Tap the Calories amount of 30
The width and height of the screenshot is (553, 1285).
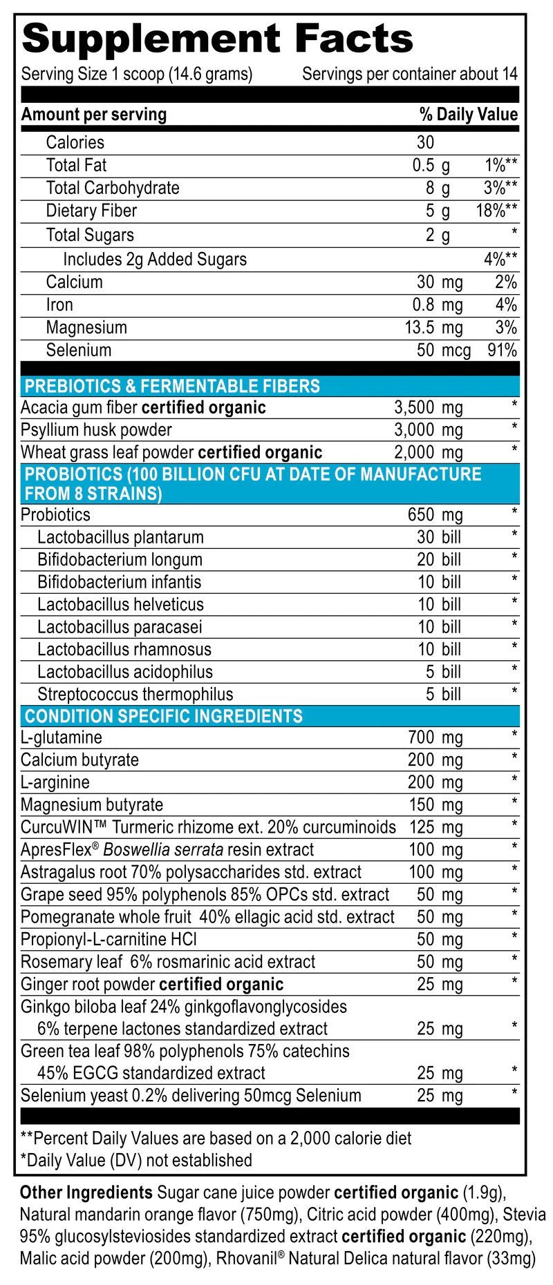coord(425,142)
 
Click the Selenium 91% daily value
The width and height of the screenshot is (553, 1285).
coord(503,350)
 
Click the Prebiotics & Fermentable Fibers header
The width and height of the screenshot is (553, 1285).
coord(172,386)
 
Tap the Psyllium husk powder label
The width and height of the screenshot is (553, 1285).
coord(96,430)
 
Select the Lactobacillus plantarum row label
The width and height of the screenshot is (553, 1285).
coord(120,537)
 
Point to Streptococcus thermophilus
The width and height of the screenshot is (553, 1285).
coord(135,695)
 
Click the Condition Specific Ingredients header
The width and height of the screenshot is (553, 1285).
coord(164,716)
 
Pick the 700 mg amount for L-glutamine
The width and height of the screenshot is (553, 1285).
coord(435,737)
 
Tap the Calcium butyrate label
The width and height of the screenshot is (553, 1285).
coord(79,760)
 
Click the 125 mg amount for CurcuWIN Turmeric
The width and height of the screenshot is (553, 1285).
coord(435,827)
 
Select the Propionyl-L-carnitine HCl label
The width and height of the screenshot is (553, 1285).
coord(109,940)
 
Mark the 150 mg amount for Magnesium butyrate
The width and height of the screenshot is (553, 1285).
coord(435,805)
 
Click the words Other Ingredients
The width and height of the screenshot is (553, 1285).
coord(86,1192)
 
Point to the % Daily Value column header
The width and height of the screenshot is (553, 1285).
coord(468,115)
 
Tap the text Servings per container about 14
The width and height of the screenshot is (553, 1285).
coord(409,75)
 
